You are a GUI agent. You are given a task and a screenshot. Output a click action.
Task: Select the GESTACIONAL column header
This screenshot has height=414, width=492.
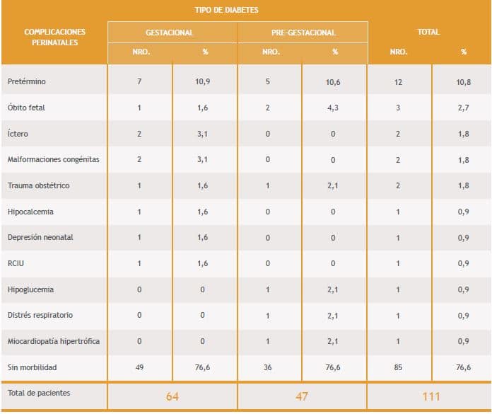[172, 33]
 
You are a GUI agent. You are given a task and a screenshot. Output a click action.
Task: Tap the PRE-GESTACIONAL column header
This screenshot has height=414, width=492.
[303, 33]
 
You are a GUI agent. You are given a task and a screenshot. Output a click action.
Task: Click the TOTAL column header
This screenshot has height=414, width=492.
[428, 32]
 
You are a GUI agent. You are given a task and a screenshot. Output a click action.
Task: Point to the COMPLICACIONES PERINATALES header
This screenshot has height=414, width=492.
[54, 37]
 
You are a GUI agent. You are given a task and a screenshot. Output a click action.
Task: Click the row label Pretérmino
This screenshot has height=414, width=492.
[27, 81]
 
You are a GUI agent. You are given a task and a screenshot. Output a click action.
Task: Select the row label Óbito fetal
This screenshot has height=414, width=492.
[28, 108]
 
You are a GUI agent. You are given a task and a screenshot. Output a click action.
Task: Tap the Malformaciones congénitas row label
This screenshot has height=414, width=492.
[53, 159]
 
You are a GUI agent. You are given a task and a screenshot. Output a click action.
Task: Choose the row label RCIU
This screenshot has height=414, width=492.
[16, 263]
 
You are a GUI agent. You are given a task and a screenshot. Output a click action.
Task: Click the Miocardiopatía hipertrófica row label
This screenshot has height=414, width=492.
[53, 342]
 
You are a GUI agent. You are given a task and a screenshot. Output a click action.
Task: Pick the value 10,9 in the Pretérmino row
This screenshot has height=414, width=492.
[204, 81]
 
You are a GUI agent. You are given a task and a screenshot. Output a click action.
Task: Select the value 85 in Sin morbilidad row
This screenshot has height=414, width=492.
[399, 368]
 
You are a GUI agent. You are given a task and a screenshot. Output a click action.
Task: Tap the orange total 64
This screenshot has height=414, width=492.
[172, 396]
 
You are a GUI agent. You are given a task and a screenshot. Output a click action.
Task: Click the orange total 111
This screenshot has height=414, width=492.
[430, 396]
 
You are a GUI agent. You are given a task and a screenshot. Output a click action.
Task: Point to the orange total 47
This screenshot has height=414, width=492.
[302, 396]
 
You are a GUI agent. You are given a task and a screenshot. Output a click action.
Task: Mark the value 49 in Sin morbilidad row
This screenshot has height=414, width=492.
[139, 368]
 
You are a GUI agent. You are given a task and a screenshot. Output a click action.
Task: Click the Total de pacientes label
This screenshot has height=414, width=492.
[39, 393]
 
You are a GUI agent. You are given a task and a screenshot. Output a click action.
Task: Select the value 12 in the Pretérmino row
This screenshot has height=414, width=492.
[399, 81]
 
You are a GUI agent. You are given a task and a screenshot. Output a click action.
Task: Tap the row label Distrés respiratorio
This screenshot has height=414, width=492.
[40, 316]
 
